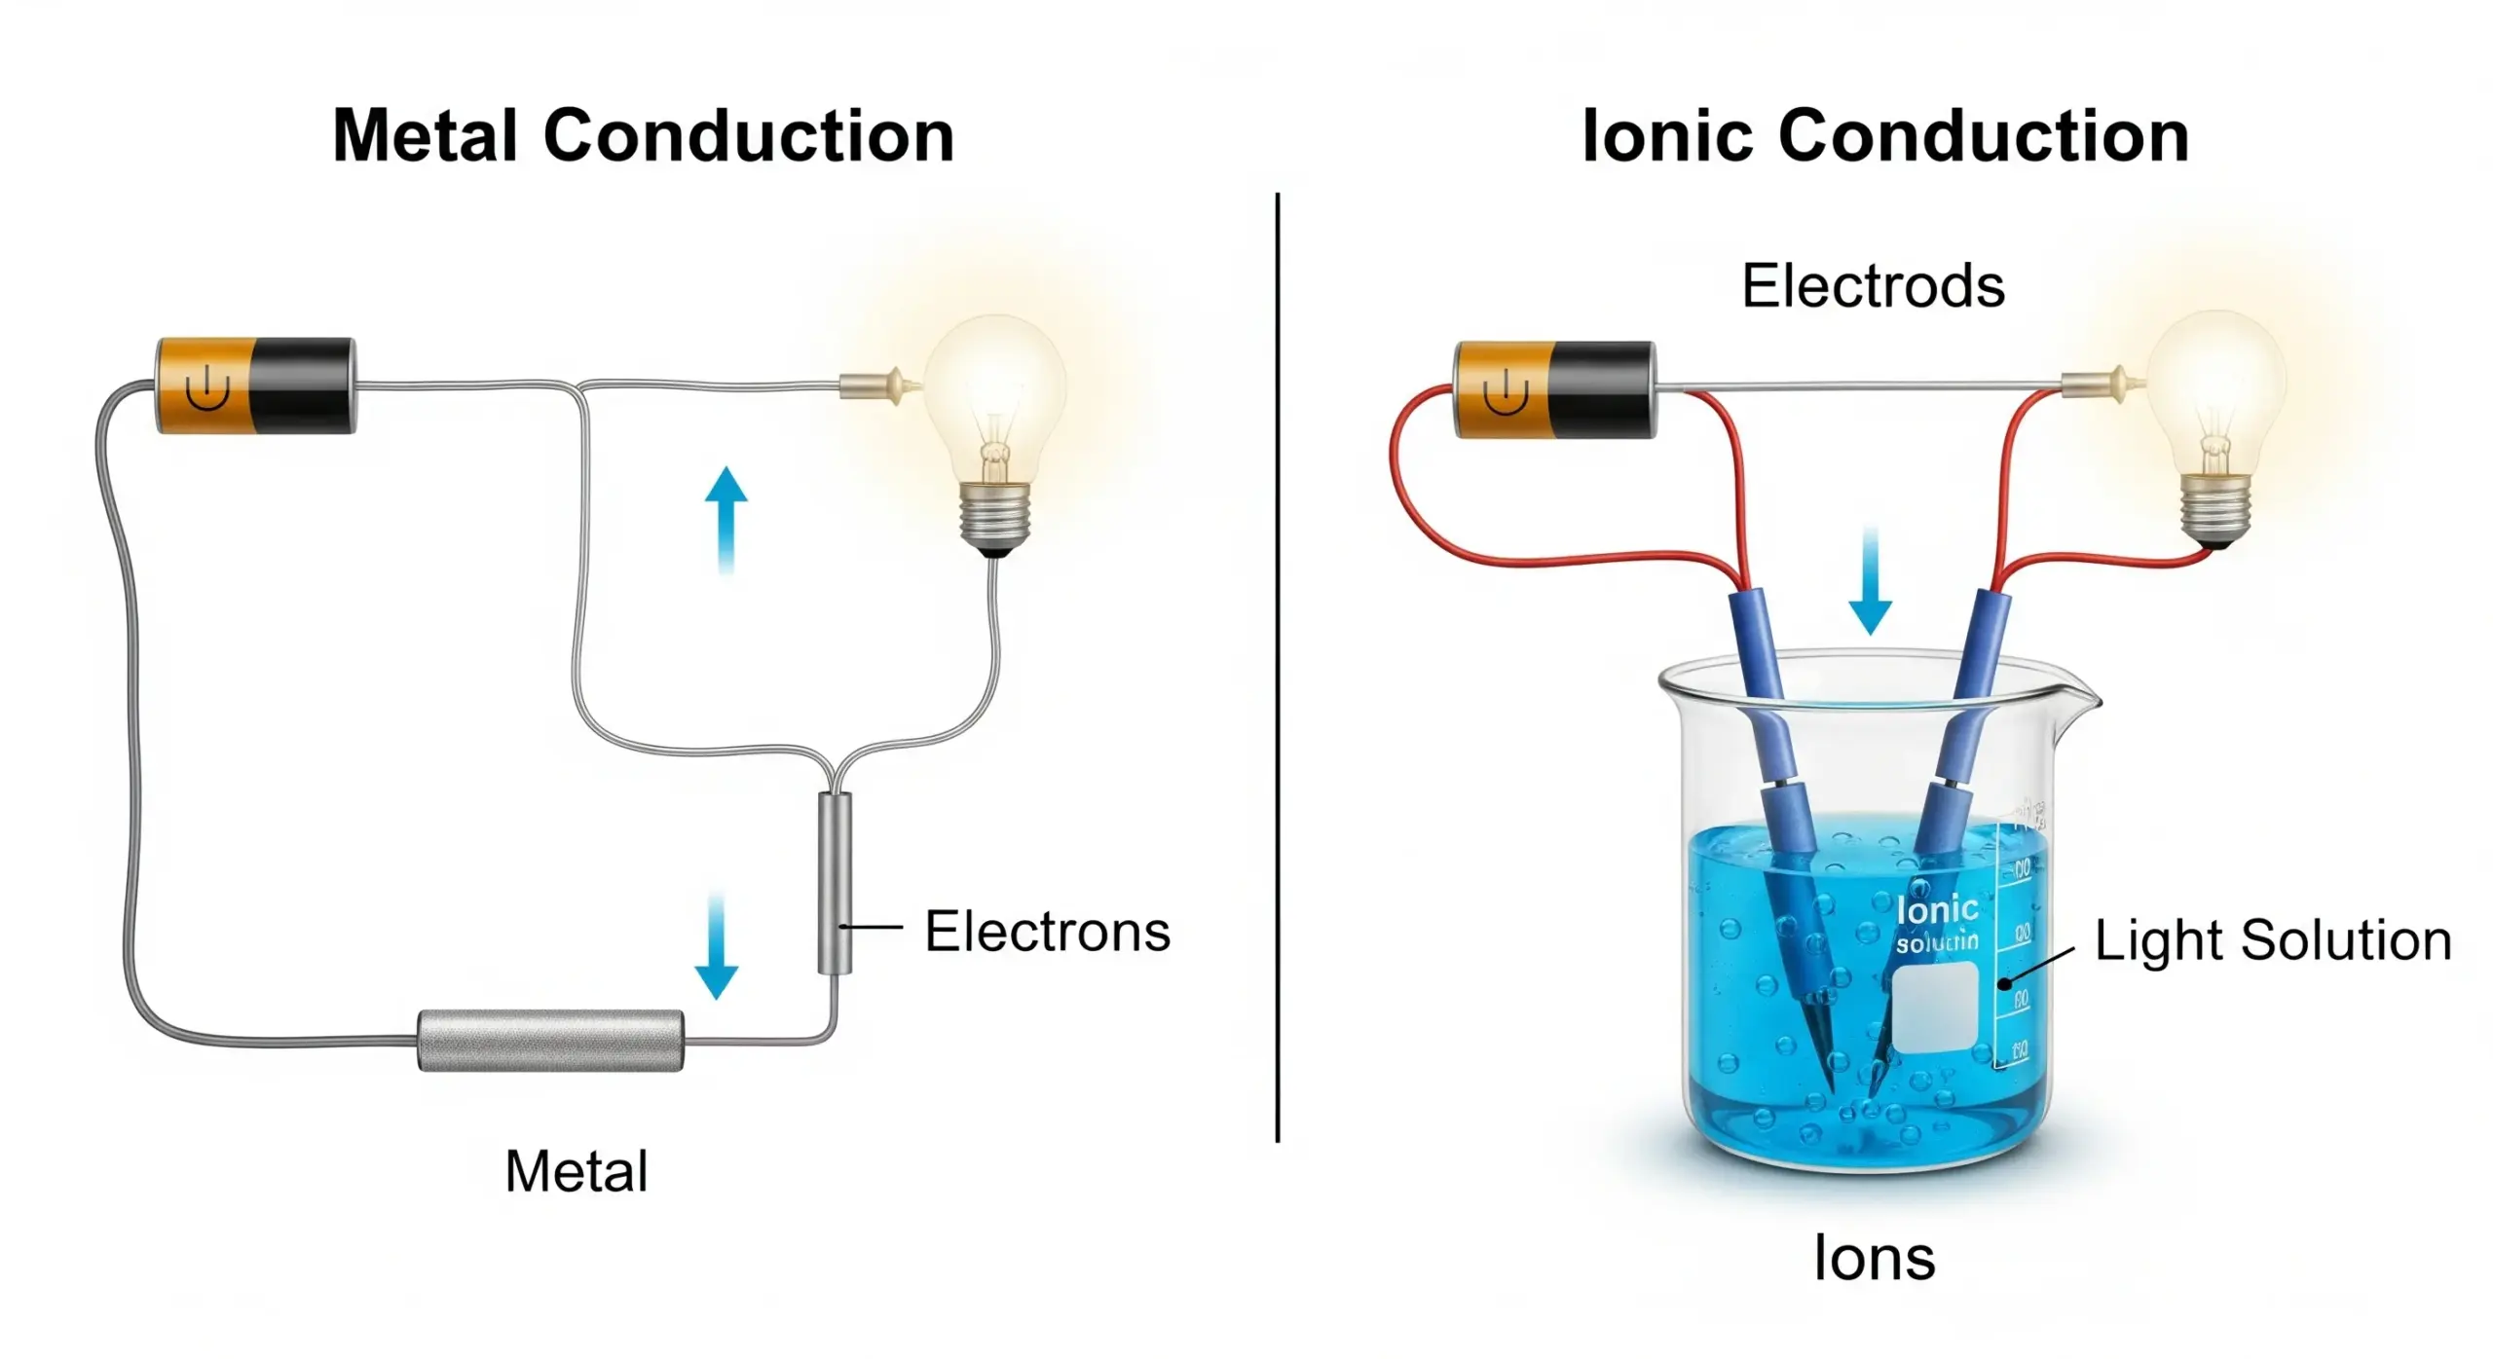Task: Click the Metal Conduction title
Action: tap(643, 135)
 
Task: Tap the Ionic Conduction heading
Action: tap(1885, 135)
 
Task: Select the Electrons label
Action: tap(1047, 931)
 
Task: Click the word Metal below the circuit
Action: tap(576, 1170)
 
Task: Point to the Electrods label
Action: tap(1872, 285)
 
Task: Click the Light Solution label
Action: tap(2272, 940)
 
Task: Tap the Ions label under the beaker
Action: tap(1874, 1257)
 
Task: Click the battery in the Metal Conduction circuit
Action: tap(256, 386)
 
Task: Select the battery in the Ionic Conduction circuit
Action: tap(1554, 389)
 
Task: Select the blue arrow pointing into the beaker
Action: tap(1870, 580)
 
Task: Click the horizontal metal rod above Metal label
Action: tap(550, 1041)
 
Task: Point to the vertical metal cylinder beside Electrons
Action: tap(835, 883)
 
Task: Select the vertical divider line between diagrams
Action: tap(1277, 667)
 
